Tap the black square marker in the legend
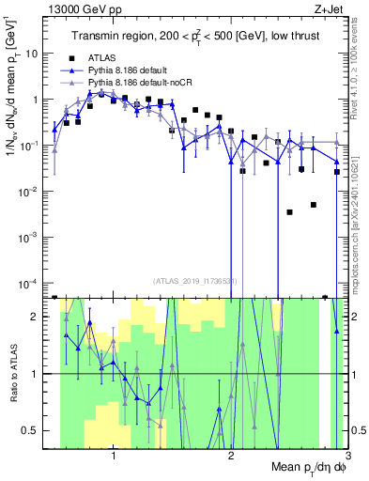coord(70,57)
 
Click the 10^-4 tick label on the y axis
coord(30,283)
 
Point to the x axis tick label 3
coord(346,458)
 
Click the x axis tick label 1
coord(114,458)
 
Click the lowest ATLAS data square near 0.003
coord(290,211)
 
